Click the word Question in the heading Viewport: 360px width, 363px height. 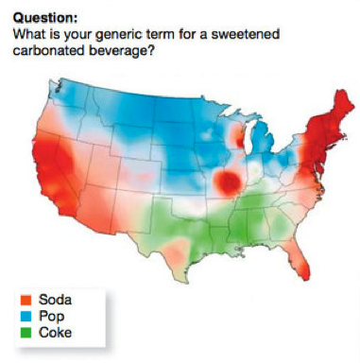[x=43, y=16]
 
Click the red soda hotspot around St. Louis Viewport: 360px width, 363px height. [x=228, y=181]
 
